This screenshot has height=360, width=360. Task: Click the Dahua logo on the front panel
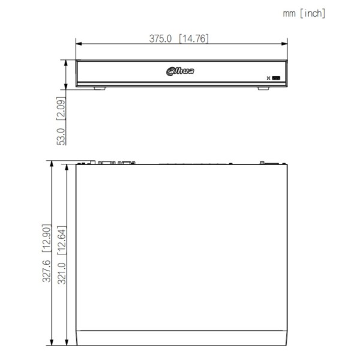point(180,71)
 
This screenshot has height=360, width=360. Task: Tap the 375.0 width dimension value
point(160,38)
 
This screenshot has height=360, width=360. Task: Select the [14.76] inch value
point(194,38)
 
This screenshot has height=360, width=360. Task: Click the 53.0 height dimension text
point(61,137)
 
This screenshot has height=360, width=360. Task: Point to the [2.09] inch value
point(61,109)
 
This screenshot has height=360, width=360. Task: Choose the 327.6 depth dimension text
point(46,271)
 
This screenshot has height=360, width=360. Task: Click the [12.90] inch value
point(46,238)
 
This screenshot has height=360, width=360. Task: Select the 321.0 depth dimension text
point(62,273)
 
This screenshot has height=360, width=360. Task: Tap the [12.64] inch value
point(62,240)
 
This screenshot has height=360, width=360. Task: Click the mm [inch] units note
point(304,13)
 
